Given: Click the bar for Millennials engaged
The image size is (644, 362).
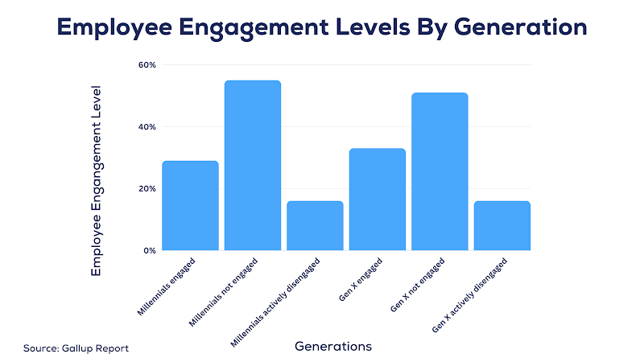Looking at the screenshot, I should [x=190, y=206].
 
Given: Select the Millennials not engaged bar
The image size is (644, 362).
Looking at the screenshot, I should [x=253, y=166].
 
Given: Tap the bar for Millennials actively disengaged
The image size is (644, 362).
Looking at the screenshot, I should [x=315, y=226].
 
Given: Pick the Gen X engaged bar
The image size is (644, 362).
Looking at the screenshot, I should [x=378, y=200].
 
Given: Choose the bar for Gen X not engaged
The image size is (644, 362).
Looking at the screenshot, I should [x=440, y=172].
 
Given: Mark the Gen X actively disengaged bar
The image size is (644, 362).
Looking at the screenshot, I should [x=502, y=226].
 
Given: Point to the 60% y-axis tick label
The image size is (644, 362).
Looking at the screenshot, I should [x=147, y=64].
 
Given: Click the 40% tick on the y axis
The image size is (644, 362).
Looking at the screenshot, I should [x=147, y=127].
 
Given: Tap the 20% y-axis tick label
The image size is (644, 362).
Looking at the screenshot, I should [x=147, y=189].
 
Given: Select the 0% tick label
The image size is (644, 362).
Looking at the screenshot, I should [x=149, y=251].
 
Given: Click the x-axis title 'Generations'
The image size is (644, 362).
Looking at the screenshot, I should [x=332, y=347].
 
